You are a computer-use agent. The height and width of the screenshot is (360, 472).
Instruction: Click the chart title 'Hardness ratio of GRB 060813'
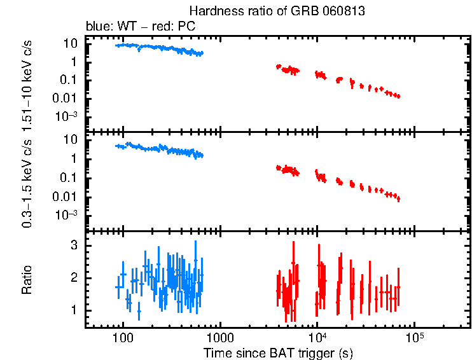click(x=277, y=12)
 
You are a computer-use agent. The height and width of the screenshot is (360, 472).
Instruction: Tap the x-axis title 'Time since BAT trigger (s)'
click(x=278, y=352)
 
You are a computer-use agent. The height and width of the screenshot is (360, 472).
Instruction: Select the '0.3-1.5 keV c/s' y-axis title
click(x=27, y=181)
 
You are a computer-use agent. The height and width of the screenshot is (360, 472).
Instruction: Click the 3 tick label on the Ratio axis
click(x=74, y=245)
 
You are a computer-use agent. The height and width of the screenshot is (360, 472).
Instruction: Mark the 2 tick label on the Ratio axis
click(x=74, y=278)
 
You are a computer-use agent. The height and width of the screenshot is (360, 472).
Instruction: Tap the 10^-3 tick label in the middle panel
click(x=67, y=215)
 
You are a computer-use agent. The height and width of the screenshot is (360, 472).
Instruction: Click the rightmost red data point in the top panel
click(x=398, y=96)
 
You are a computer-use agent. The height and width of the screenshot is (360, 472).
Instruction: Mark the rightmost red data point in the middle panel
click(x=398, y=199)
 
